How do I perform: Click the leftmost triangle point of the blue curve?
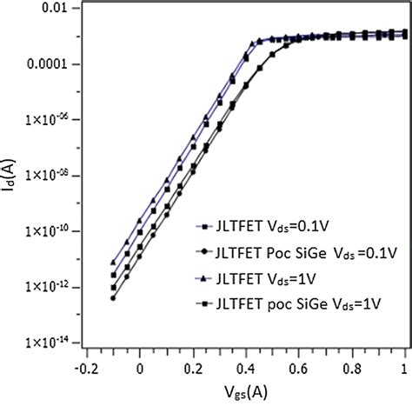pos(113,262)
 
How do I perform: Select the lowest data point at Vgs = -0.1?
pos(113,298)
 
